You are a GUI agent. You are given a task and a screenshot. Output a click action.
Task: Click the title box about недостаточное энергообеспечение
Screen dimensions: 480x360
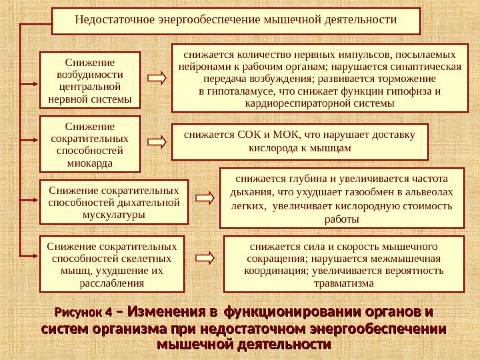pyautogui.click(x=236, y=21)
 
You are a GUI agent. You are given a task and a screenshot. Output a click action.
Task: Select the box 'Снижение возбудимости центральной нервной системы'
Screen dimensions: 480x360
pyautogui.click(x=90, y=80)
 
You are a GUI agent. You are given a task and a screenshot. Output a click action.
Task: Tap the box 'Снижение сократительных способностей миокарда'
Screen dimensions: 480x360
pyautogui.click(x=90, y=144)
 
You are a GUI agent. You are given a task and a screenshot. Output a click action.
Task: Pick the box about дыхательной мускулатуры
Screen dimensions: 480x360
pyautogui.click(x=114, y=201)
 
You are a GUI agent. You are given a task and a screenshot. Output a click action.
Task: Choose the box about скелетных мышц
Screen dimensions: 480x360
pyautogui.click(x=111, y=263)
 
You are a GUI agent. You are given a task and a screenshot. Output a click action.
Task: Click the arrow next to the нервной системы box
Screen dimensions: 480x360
pyautogui.click(x=157, y=78)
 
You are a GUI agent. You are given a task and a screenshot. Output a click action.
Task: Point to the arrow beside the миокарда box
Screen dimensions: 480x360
pyautogui.click(x=157, y=142)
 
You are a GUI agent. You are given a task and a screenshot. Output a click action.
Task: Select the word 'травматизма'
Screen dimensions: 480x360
pyautogui.click(x=343, y=283)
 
